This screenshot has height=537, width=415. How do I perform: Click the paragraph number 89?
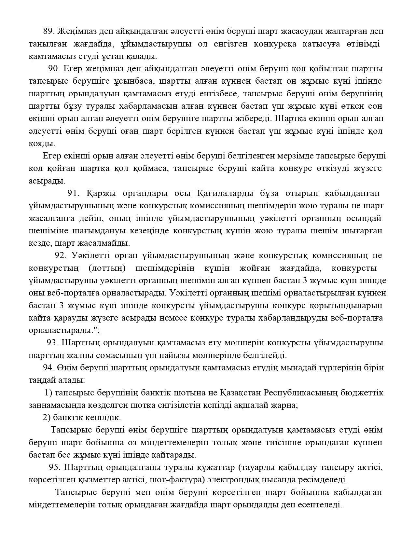(49, 31)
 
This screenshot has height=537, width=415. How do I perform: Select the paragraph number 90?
(54, 69)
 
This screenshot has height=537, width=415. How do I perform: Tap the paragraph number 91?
(73, 193)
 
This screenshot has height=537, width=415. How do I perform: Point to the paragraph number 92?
(61, 255)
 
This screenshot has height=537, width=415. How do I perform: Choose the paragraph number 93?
(52, 343)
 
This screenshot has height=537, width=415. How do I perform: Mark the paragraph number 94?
(48, 368)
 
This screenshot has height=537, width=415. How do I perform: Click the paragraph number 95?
(54, 468)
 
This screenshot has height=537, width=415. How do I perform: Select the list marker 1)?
(48, 393)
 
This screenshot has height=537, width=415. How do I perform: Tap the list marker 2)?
(46, 418)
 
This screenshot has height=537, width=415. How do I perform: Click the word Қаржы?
(99, 193)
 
